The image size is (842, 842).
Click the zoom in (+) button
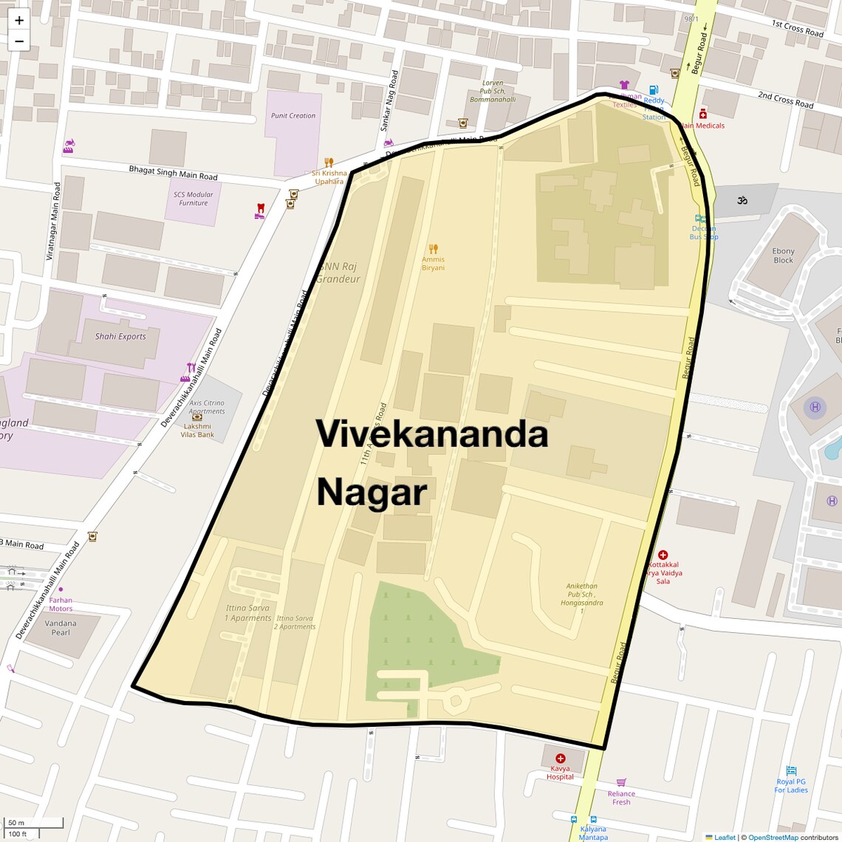click(x=19, y=21)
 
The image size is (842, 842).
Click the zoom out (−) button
click(x=19, y=41)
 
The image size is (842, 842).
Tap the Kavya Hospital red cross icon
click(x=561, y=759)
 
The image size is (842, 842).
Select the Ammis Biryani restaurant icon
click(x=434, y=249)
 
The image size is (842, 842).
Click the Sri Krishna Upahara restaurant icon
click(x=329, y=162)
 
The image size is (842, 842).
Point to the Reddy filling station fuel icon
click(x=653, y=91)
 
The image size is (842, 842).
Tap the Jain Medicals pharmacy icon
click(x=702, y=114)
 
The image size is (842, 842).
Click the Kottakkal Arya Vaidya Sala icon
click(x=663, y=555)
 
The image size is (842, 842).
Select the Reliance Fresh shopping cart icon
click(x=621, y=782)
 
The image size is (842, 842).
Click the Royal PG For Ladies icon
click(x=791, y=771)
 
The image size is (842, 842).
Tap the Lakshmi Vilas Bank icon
click(x=197, y=417)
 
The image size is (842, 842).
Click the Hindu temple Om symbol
click(x=742, y=200)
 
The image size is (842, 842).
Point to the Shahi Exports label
click(x=120, y=336)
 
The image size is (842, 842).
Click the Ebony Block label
click(x=783, y=256)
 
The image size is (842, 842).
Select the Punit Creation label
click(x=293, y=116)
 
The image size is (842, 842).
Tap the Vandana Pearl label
click(x=61, y=628)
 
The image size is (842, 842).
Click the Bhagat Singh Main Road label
click(x=174, y=173)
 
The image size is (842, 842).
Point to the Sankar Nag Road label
click(x=389, y=101)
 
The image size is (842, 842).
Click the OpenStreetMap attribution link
click(x=773, y=838)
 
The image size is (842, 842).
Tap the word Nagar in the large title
click(x=372, y=493)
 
